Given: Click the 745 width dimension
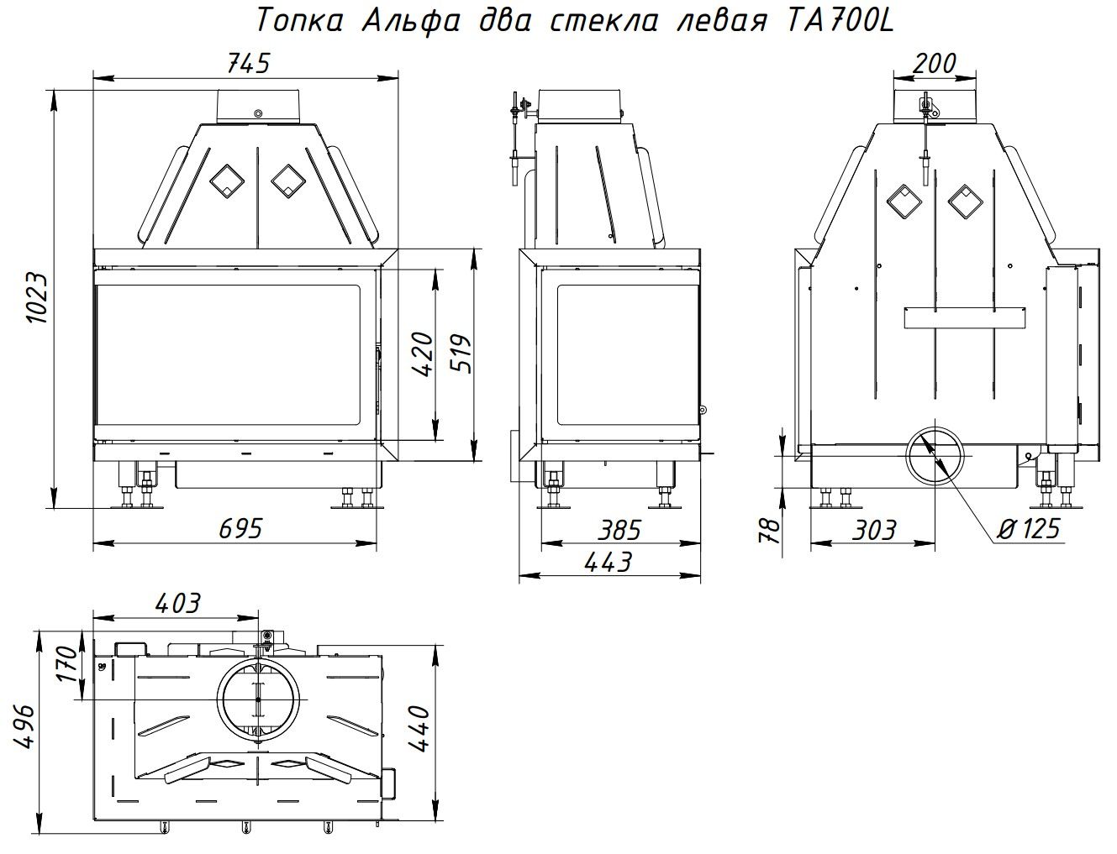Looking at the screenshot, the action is (248, 64).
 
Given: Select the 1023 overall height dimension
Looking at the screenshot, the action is (38, 298).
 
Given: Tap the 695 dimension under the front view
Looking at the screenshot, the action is (240, 529).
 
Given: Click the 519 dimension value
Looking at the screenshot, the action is (462, 354).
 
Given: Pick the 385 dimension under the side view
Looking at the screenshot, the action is (619, 530).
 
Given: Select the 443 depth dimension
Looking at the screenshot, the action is (609, 563).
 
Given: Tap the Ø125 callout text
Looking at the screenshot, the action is (1029, 529).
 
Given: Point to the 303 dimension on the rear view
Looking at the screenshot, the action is (874, 530).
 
